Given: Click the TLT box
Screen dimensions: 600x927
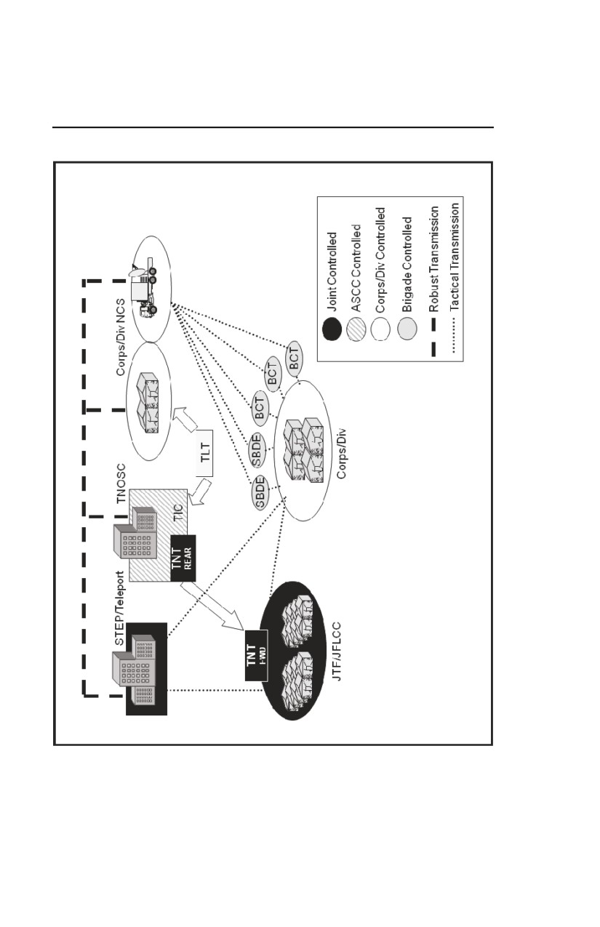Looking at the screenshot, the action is coord(204,453).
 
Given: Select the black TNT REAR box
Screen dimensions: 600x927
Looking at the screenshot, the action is coord(183,558).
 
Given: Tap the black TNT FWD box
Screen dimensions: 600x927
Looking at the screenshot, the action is coord(256,655).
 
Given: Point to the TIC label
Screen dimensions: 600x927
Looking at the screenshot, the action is coord(178,513).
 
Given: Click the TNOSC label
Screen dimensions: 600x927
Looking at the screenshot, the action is coord(121,483).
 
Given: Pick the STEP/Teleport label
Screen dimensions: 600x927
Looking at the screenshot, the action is coord(119,609).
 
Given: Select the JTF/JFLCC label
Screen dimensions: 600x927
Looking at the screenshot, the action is coord(337,651).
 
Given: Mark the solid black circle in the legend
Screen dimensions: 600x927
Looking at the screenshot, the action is coord(332,329).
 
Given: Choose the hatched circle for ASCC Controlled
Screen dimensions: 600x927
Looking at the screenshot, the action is coord(356,329).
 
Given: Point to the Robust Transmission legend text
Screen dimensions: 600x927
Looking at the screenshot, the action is coord(433,259).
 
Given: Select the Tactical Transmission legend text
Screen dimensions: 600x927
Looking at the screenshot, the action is coord(455,257).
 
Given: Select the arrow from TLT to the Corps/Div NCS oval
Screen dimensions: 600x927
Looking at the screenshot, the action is coord(185,418).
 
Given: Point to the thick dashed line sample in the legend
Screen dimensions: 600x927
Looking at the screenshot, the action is coord(433,337).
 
